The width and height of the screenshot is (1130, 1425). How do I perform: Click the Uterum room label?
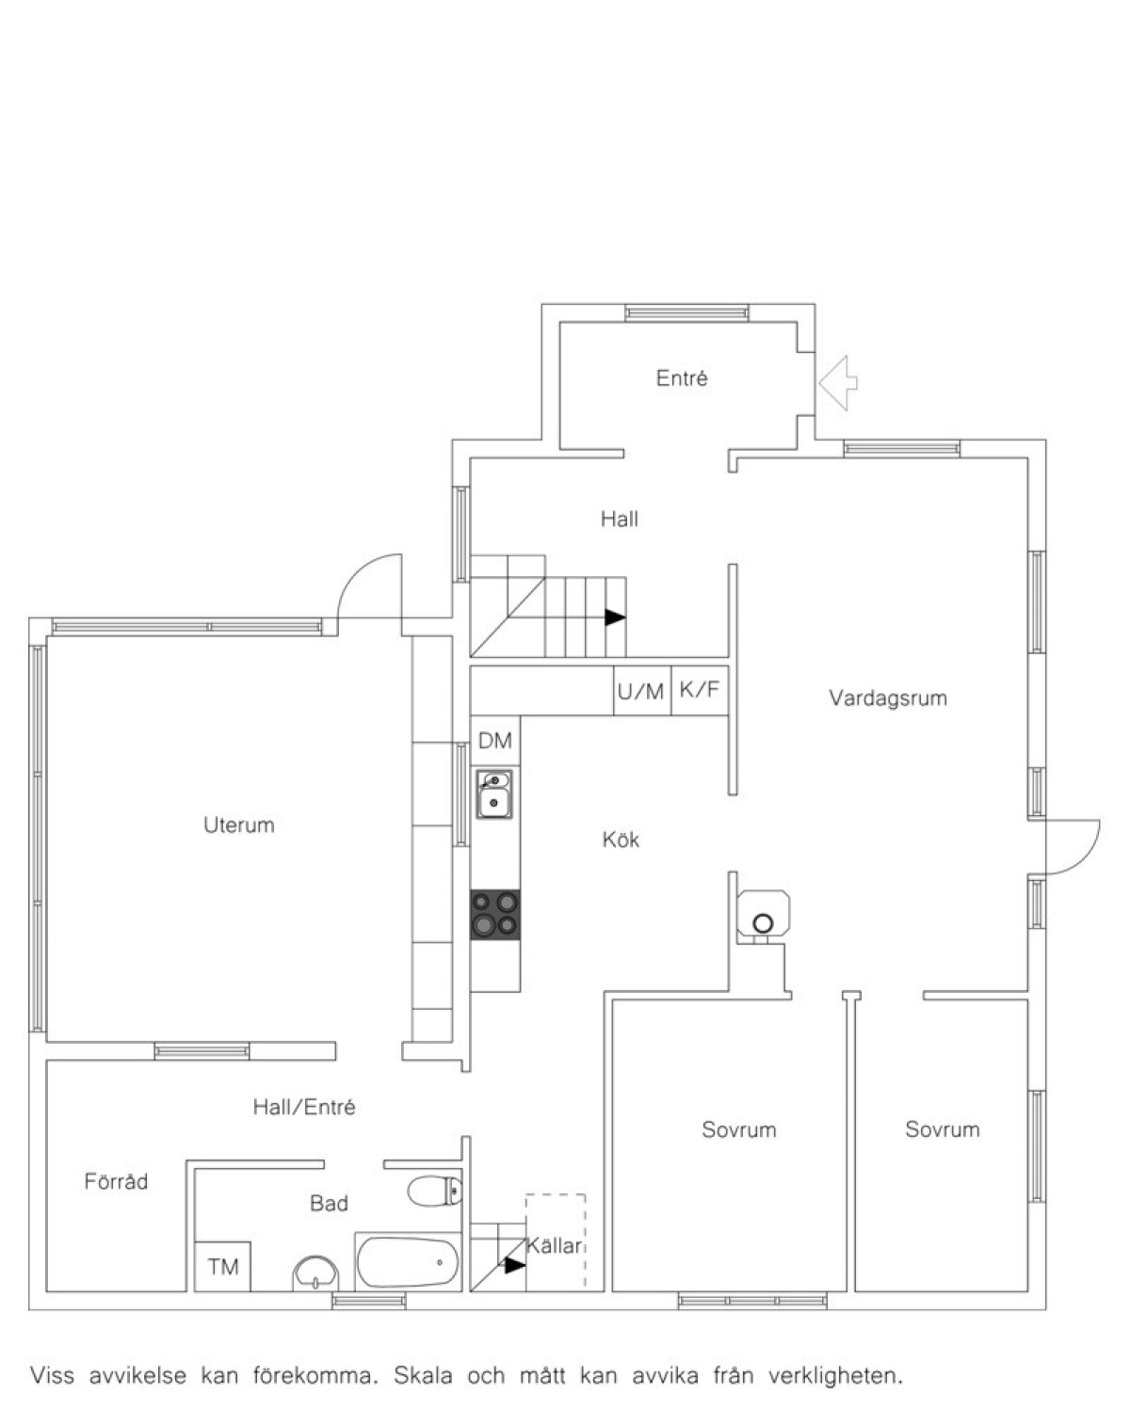point(238,825)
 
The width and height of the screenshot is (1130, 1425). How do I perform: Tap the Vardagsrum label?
point(887,698)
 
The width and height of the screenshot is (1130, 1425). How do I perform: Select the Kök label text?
point(621,840)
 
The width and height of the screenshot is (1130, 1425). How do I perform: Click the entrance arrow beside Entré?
point(838,383)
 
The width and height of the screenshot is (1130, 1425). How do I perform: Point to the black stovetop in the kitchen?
point(495,915)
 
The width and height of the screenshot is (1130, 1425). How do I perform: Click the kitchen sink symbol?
point(494,794)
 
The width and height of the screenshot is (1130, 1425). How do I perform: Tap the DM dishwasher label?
point(495,741)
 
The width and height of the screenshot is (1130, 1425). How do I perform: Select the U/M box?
point(641,691)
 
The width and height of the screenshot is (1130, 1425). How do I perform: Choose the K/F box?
point(700,691)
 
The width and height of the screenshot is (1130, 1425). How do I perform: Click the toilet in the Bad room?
point(435,1192)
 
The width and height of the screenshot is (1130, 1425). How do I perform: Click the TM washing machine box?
point(222,1266)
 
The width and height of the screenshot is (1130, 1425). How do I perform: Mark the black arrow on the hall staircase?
point(615,617)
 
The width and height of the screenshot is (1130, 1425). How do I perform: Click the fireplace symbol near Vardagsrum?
point(764,916)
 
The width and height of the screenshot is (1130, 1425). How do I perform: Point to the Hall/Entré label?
point(304,1107)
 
